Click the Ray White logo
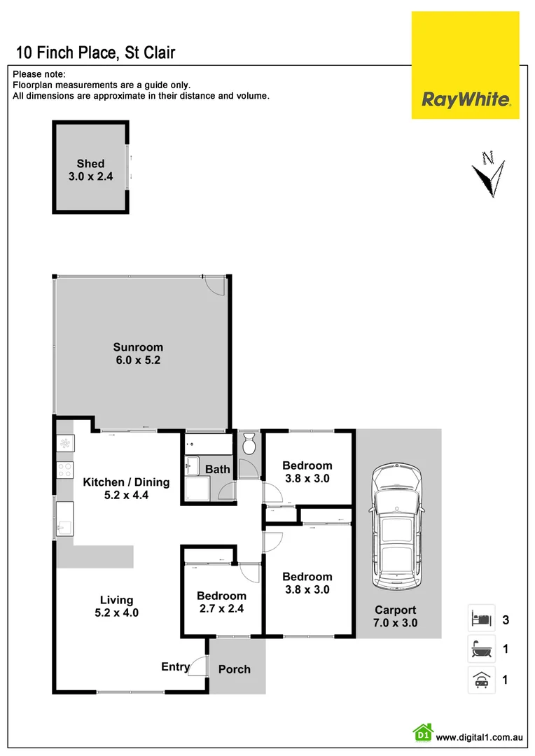click(x=465, y=99)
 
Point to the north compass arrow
click(x=487, y=171)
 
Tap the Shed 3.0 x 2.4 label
click(x=91, y=170)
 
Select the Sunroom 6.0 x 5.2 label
click(x=138, y=353)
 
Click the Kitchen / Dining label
click(x=126, y=488)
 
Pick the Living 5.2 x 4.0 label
click(x=116, y=606)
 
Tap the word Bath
click(x=218, y=469)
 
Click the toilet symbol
click(x=249, y=444)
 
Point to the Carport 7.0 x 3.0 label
click(x=395, y=616)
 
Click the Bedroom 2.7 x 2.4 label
click(x=222, y=602)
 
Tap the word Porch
click(x=235, y=669)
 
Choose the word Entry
click(x=175, y=666)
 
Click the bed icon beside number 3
click(x=481, y=619)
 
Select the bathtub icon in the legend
click(x=481, y=649)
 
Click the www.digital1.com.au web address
click(x=480, y=737)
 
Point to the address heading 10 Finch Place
click(x=95, y=52)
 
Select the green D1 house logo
click(x=422, y=733)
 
